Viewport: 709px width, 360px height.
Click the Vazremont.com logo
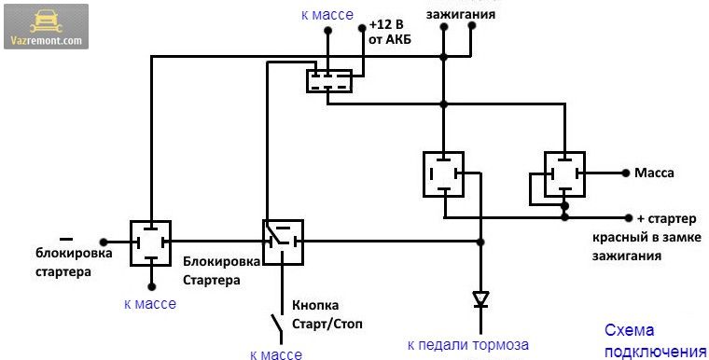[46, 27]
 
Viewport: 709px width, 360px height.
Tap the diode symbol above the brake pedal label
[480, 300]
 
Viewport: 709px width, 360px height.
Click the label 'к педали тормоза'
[468, 345]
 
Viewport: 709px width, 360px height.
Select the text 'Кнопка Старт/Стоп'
[327, 315]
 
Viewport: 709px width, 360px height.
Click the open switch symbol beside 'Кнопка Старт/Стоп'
[277, 328]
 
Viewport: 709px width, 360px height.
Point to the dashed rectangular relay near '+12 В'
[329, 81]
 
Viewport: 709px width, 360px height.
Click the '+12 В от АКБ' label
[390, 32]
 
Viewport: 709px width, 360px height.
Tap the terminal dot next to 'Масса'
[626, 173]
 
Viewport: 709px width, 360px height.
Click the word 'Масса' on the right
[654, 173]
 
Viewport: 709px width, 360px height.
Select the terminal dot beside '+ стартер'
[629, 218]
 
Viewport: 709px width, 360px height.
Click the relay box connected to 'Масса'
[564, 174]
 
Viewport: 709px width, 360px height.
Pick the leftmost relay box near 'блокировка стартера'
[150, 242]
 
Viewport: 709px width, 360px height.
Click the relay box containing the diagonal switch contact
[283, 242]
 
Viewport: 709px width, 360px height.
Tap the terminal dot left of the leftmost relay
[104, 242]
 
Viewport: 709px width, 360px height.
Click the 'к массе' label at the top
[327, 15]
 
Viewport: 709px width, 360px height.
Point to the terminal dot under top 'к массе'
[328, 31]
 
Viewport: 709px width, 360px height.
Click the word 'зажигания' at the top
[461, 14]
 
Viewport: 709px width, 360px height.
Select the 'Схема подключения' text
[655, 341]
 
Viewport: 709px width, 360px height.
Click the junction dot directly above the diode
[480, 242]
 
